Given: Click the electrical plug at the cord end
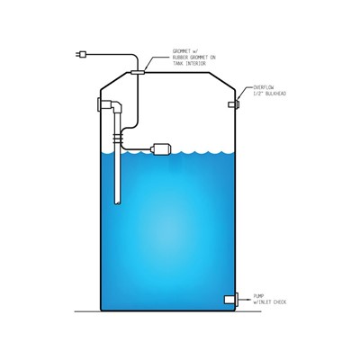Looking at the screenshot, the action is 81,54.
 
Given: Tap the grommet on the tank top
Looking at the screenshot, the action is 138,72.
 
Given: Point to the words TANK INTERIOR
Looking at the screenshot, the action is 189,64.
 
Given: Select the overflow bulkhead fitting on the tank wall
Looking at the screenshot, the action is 234,104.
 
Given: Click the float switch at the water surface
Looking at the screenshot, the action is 161,149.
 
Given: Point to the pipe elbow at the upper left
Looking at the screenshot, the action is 116,106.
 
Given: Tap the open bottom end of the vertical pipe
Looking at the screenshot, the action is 118,202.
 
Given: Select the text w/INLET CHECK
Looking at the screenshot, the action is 270,301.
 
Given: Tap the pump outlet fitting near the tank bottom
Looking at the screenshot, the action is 231,300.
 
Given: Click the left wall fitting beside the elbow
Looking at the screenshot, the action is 99,104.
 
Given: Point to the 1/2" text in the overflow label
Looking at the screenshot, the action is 257,94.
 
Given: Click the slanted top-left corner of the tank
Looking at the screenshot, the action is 115,81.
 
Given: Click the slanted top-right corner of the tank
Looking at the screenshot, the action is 222,81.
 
